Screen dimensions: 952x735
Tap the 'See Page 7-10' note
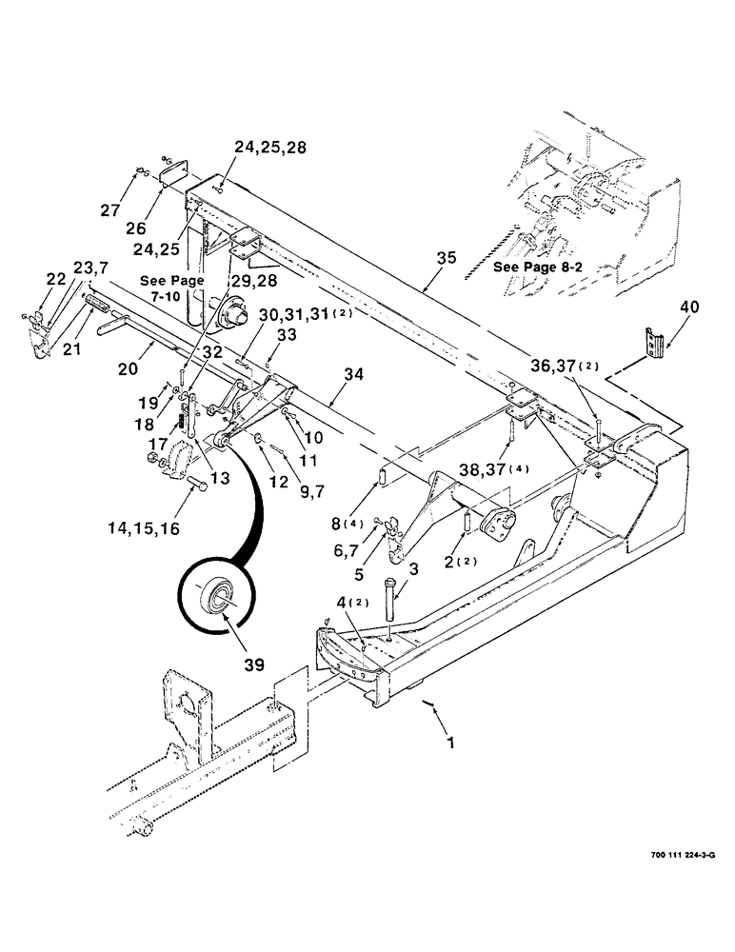click(x=167, y=289)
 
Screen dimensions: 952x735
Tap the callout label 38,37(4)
click(x=534, y=468)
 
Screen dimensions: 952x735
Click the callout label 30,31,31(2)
click(x=300, y=315)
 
